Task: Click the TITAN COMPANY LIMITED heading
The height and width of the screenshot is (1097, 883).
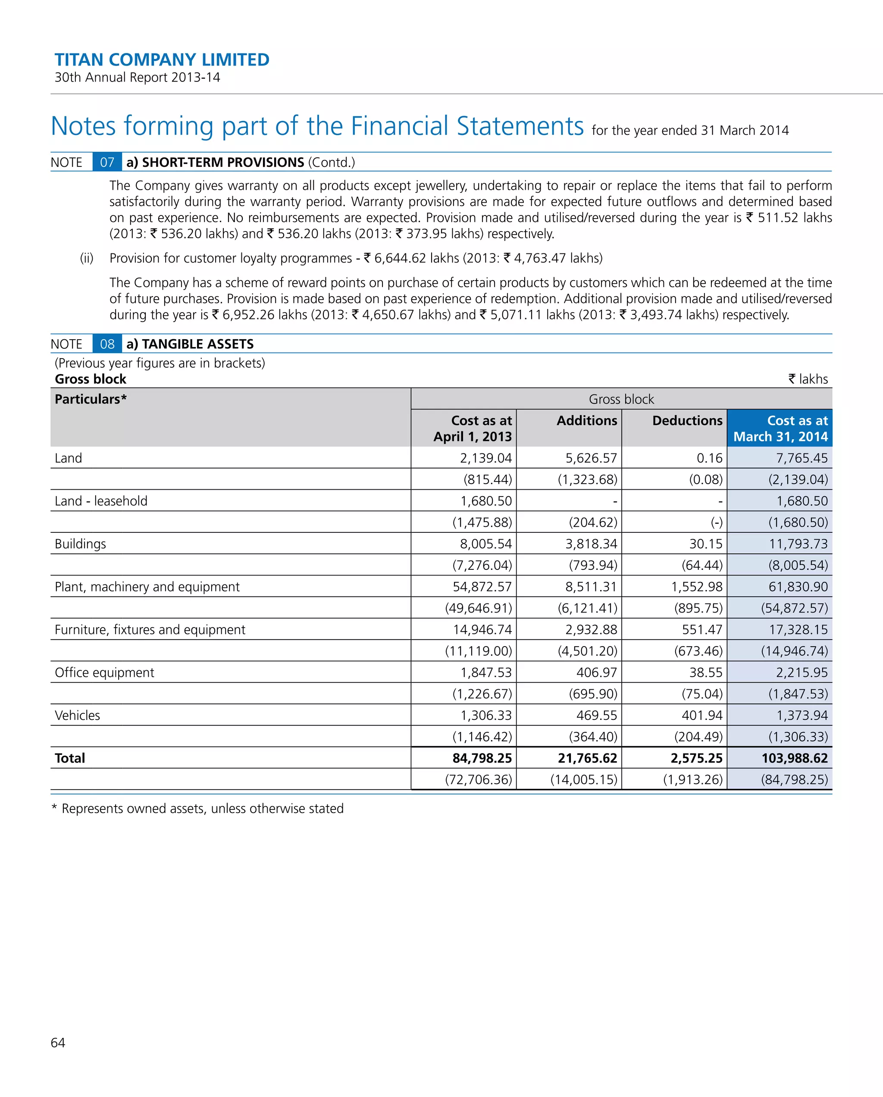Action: (x=162, y=59)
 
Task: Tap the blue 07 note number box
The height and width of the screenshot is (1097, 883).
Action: (x=107, y=163)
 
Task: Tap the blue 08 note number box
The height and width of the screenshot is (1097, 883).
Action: (x=107, y=344)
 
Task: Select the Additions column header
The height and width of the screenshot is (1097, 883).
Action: (x=586, y=420)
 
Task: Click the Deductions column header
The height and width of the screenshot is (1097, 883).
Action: (x=687, y=420)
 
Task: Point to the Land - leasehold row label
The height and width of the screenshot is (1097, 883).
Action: (x=101, y=501)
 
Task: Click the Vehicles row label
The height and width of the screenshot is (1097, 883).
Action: (x=77, y=716)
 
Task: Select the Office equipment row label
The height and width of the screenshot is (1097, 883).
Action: (x=104, y=673)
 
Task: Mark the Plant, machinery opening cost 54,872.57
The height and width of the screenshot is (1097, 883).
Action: (x=482, y=587)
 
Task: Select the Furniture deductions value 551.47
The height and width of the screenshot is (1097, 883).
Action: (x=702, y=630)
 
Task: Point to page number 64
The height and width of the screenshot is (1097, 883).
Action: (x=58, y=1043)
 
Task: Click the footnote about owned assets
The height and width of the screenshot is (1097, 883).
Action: (x=197, y=809)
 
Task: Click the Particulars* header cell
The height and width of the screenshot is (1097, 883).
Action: (x=91, y=400)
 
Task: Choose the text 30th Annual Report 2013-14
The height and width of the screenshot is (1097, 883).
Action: (x=138, y=77)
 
